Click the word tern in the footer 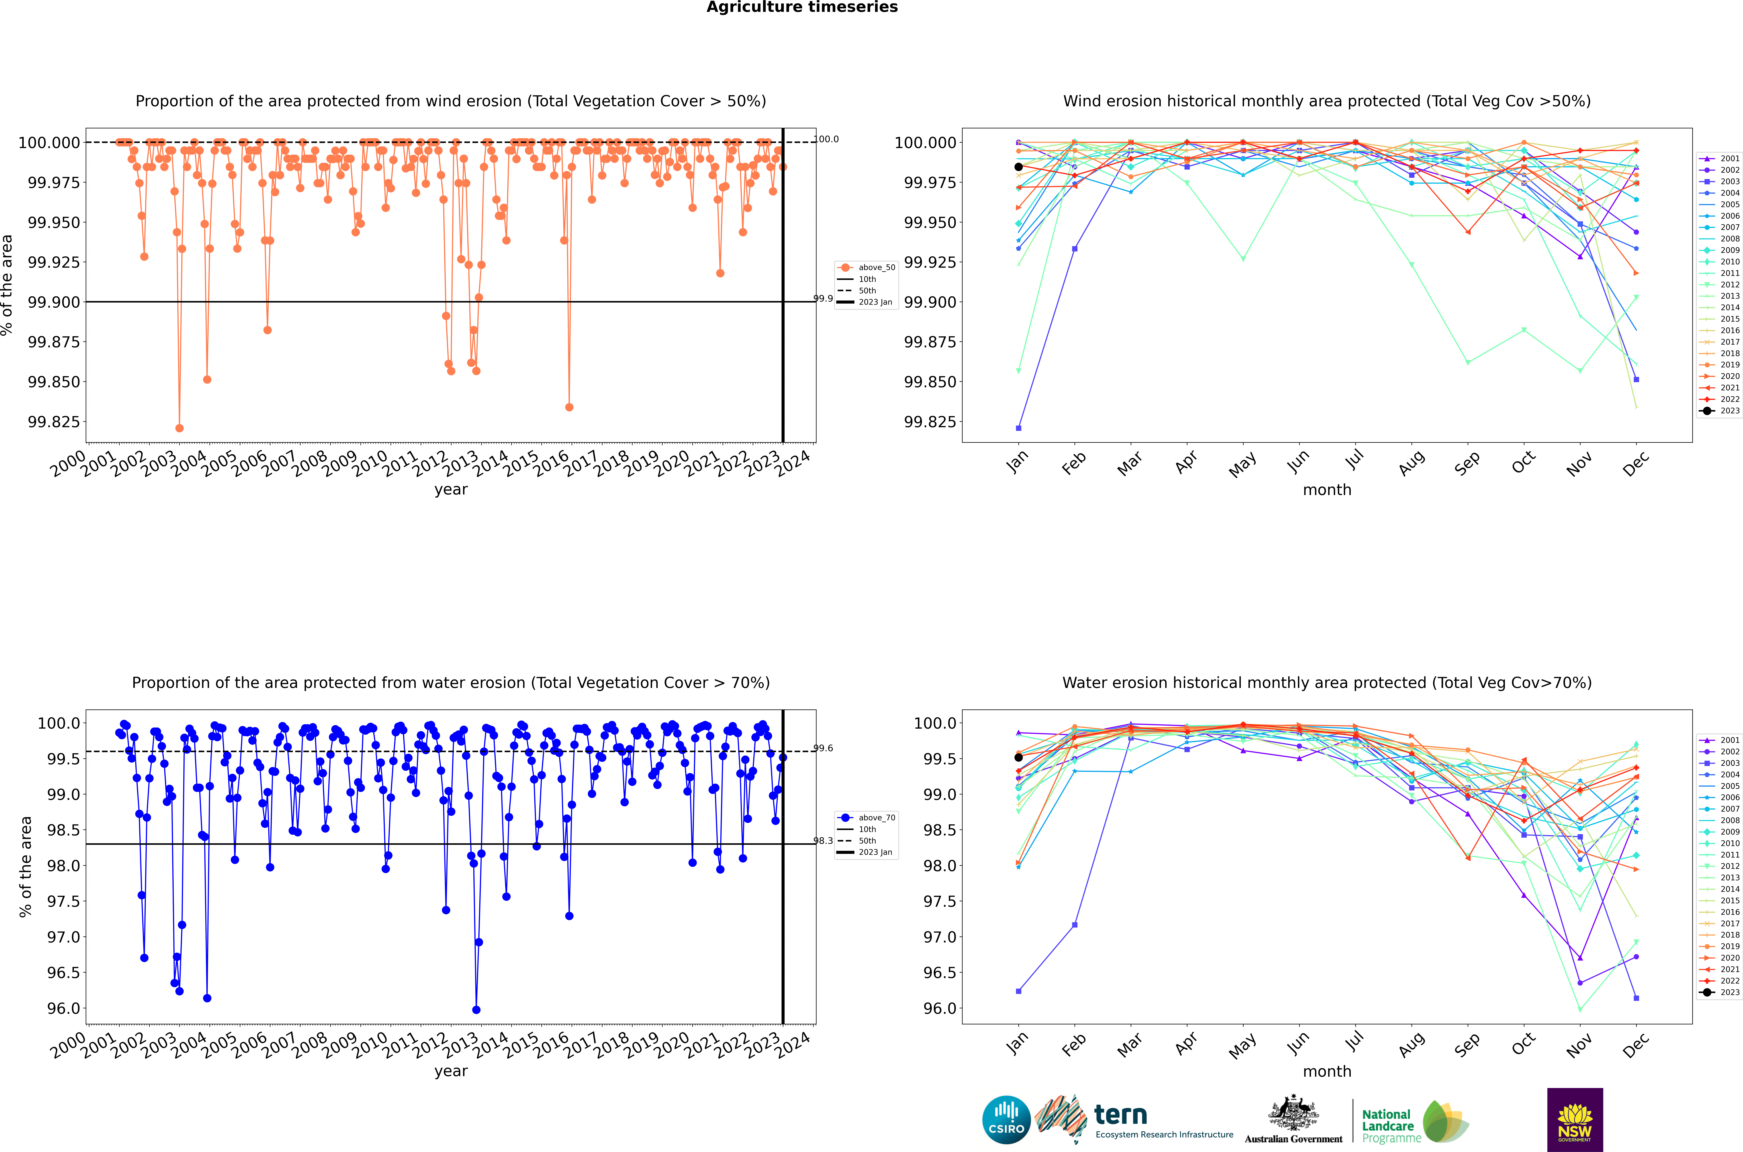(x=1120, y=1115)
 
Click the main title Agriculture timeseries (x=802, y=7)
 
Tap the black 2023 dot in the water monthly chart (x=1018, y=757)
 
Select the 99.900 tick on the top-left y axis (x=54, y=302)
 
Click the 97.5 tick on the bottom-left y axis (x=64, y=901)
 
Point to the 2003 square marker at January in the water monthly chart (x=1018, y=991)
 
